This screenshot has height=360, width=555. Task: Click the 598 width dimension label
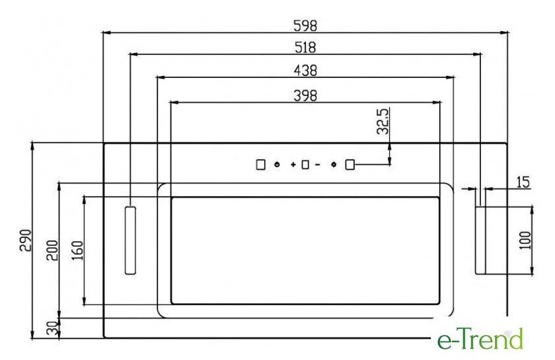click(305, 26)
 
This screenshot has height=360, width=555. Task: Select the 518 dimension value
click(305, 48)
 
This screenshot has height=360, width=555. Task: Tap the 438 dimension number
click(305, 71)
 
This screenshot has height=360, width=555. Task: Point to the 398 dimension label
click(305, 96)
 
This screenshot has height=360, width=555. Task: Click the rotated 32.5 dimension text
click(383, 121)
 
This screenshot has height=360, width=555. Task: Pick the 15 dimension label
click(523, 182)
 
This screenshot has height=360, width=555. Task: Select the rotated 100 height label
click(525, 240)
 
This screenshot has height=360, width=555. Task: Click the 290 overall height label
click(26, 240)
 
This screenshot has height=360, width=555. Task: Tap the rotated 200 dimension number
click(52, 250)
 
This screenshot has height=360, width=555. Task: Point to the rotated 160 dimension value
click(77, 250)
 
